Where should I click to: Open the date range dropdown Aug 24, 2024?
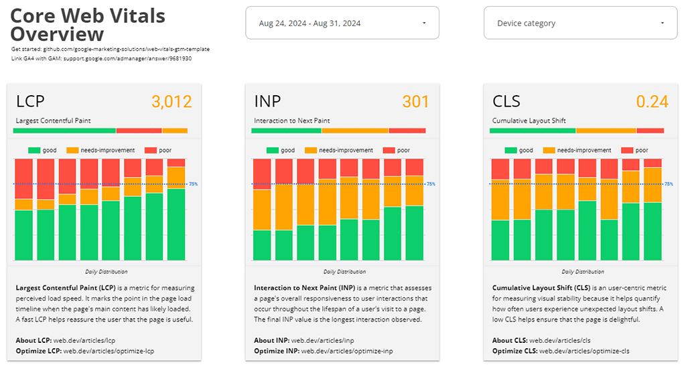click(342, 23)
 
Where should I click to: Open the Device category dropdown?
click(580, 23)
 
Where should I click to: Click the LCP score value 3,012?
click(171, 102)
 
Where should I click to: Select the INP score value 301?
click(415, 102)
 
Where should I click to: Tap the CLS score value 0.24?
click(652, 102)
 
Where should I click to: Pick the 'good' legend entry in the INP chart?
click(281, 151)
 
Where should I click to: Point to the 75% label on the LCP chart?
click(193, 184)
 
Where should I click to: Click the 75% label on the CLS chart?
click(668, 184)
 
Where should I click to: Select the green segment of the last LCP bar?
click(176, 224)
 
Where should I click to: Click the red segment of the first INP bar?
click(262, 174)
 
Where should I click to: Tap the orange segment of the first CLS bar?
click(500, 200)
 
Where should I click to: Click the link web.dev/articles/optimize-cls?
click(584, 351)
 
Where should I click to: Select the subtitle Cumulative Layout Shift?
click(529, 121)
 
